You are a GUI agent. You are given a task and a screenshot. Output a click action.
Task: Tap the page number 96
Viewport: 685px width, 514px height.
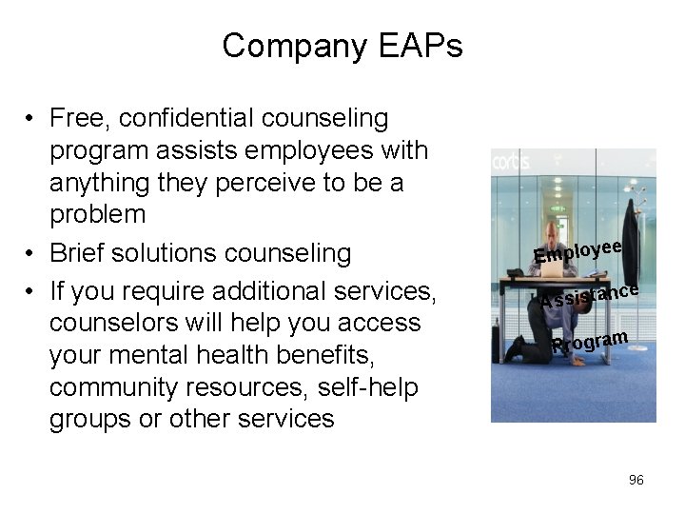point(636,480)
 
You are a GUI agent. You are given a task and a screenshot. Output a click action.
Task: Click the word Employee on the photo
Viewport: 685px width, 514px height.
point(577,250)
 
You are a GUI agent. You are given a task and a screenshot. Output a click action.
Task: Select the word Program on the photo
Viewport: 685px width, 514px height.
point(590,341)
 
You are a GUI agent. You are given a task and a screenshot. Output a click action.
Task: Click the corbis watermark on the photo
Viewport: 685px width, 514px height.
point(512,161)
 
